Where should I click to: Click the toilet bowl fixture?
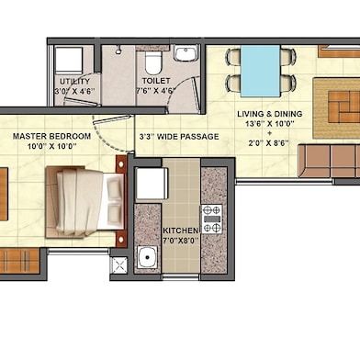(x=152, y=63)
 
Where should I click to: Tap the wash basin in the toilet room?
(x=185, y=53)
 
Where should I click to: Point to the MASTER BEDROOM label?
(x=51, y=136)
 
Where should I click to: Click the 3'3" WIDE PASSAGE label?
(x=178, y=137)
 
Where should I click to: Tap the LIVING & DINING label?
(x=268, y=115)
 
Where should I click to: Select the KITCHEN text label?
(x=180, y=231)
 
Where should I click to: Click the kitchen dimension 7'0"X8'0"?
(x=180, y=241)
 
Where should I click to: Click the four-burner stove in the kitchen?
(x=211, y=219)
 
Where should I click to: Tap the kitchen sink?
(x=147, y=256)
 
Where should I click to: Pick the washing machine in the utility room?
(x=68, y=62)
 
